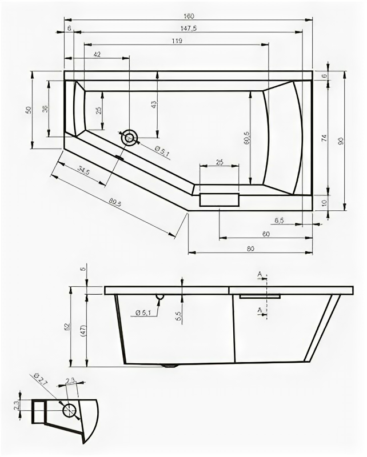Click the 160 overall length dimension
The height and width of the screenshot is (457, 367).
187,16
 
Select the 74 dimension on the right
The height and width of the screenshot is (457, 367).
324,138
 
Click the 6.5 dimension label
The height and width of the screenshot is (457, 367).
280,219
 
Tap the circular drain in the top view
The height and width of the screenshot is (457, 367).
129,138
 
